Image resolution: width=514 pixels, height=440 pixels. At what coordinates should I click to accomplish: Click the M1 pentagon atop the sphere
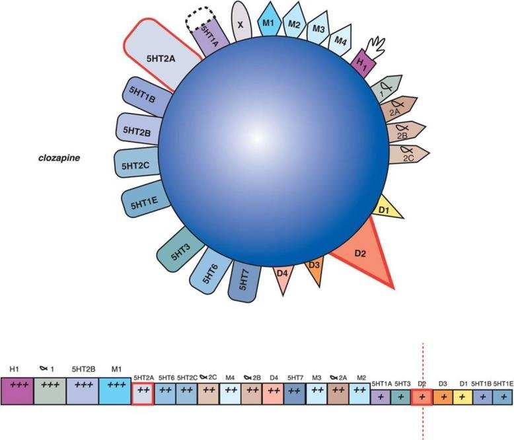[x=268, y=24]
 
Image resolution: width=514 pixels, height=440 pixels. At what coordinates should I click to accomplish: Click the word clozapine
[x=59, y=159]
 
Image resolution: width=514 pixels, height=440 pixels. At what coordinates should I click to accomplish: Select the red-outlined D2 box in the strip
[x=422, y=397]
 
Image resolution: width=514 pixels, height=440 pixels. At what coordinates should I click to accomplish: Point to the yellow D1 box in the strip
[x=464, y=397]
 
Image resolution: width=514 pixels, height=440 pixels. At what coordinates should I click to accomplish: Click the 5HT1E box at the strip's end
[x=503, y=397]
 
